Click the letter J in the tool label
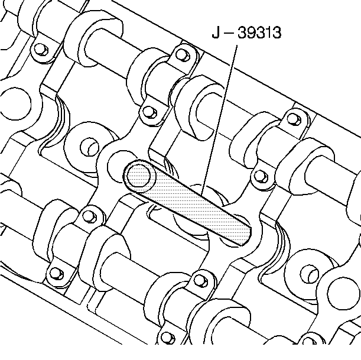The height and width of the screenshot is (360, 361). [216, 33]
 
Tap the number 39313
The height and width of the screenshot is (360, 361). [259, 33]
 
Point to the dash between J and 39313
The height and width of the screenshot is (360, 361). [228, 33]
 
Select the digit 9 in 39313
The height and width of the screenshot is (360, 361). [251, 33]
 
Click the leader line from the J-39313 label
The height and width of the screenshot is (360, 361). [219, 120]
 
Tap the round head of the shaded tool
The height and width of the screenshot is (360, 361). [138, 176]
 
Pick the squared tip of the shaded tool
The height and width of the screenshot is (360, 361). [246, 235]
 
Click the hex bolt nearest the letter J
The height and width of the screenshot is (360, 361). [183, 55]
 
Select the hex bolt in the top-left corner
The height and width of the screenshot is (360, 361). [41, 50]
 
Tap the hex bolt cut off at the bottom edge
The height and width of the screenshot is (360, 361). [167, 338]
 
